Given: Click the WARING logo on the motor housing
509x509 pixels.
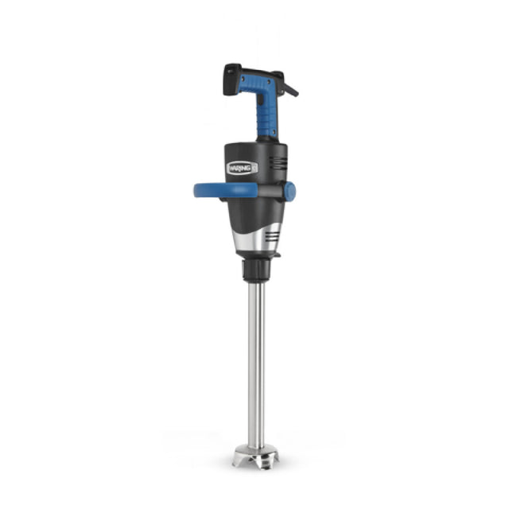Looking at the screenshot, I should point(240,167).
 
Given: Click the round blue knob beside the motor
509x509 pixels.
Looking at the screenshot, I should point(289,191).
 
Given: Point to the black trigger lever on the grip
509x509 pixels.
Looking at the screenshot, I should point(289,87).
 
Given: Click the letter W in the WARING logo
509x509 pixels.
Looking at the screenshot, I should point(231,168).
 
